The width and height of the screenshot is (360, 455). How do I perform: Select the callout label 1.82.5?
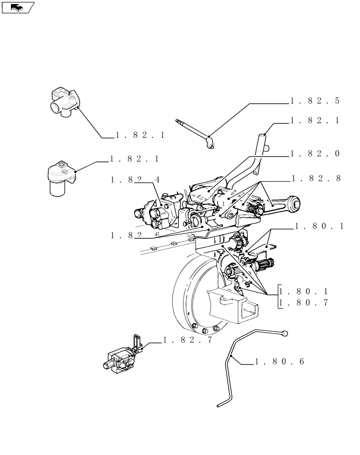[x=315, y=101]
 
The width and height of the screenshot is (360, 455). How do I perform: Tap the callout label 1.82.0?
[x=315, y=154]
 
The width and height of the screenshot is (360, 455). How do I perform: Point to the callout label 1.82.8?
[x=315, y=178]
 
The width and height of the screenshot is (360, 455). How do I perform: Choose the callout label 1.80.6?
[x=279, y=362]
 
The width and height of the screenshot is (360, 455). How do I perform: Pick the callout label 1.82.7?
[x=187, y=340]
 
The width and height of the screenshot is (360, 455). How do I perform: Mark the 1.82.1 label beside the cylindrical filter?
[x=134, y=159]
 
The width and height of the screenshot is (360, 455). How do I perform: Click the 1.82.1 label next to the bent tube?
[x=315, y=121]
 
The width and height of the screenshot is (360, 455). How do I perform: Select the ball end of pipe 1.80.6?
[x=285, y=333]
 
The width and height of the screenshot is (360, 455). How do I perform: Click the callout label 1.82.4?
[x=135, y=180]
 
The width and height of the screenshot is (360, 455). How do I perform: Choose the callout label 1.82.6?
[x=135, y=235]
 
